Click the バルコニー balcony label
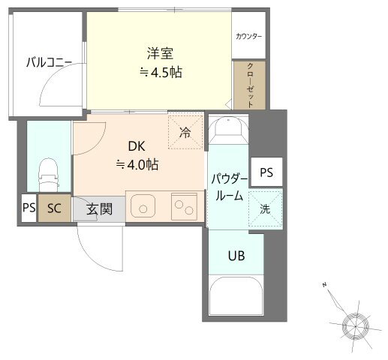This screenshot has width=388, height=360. [x=50, y=62]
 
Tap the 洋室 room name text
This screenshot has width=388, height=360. [x=160, y=53]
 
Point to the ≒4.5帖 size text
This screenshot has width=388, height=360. [x=161, y=72]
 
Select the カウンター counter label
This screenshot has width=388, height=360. [x=248, y=37]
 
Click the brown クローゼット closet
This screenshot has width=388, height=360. [x=249, y=85]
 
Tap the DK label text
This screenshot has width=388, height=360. [x=137, y=146]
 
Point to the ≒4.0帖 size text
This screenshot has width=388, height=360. [x=137, y=165]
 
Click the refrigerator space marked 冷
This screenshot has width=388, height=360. [x=185, y=131]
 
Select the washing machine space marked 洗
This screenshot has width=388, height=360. [x=265, y=208]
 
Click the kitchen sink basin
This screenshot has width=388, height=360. [x=143, y=206]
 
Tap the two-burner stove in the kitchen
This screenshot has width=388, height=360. [x=184, y=206]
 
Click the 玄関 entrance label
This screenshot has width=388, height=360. [x=99, y=209]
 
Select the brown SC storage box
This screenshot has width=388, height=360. [x=54, y=208]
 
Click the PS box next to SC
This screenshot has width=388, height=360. [x=29, y=208]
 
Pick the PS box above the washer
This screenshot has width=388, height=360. [x=266, y=172]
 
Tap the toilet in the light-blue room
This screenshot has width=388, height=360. [x=49, y=175]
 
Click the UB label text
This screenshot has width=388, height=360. [x=236, y=256]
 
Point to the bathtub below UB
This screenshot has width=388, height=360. [x=236, y=295]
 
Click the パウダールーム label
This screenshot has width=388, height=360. [x=230, y=187]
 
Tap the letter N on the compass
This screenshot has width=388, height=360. [x=324, y=284]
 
